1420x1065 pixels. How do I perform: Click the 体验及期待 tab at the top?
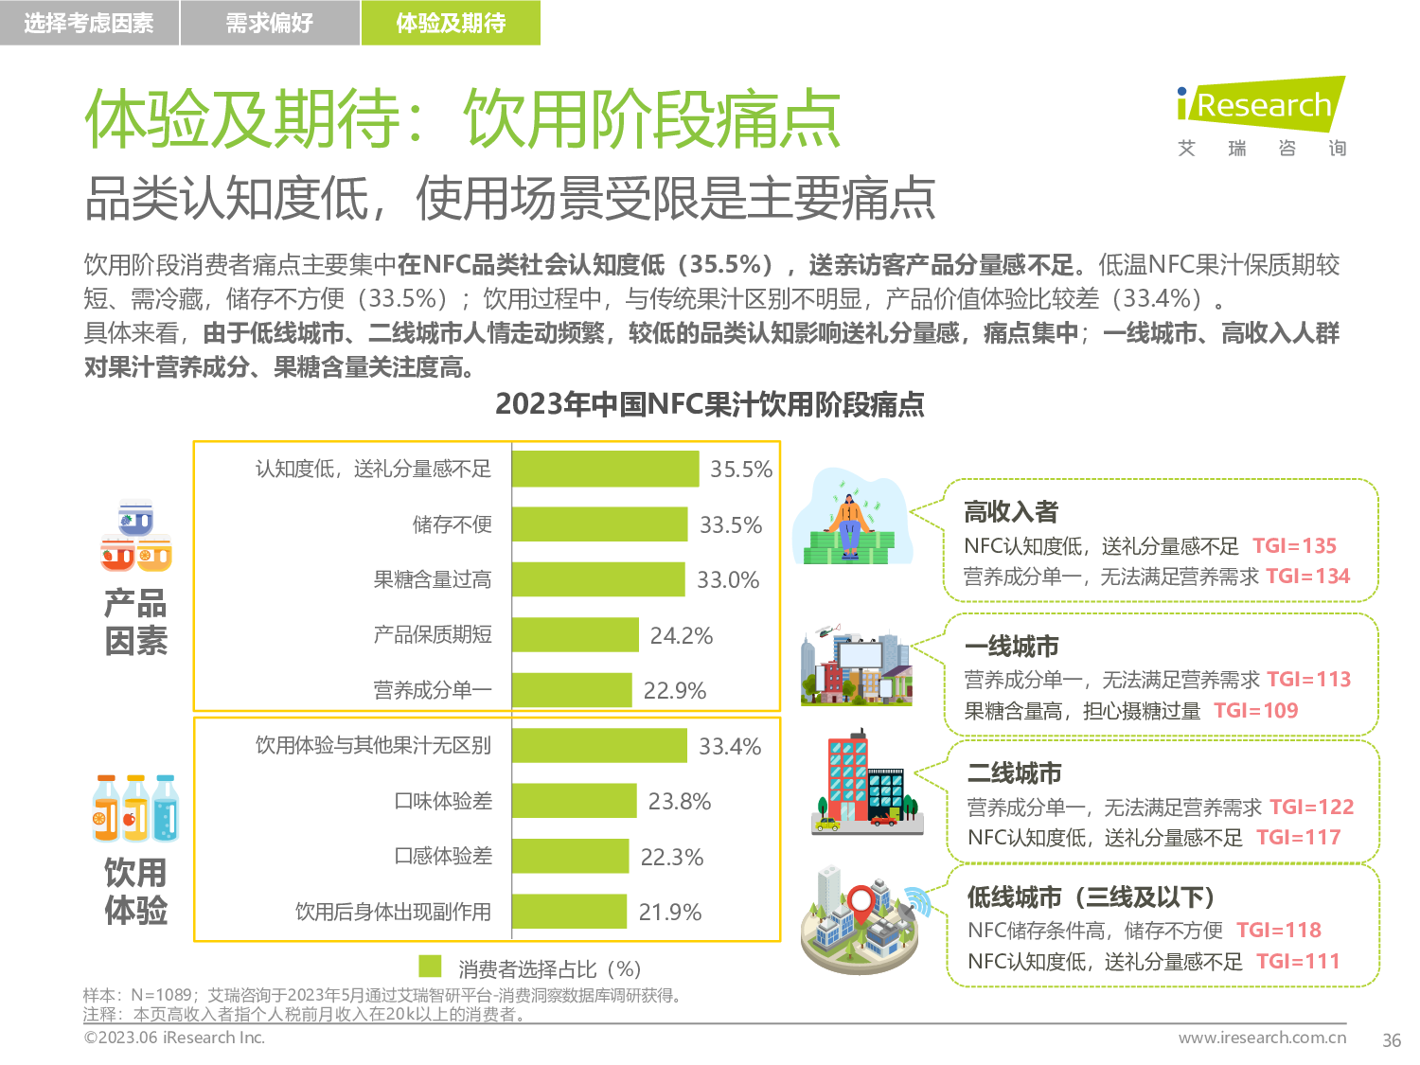pos(451,23)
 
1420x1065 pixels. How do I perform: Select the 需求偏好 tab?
pos(270,23)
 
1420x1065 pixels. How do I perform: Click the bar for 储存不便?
pos(599,524)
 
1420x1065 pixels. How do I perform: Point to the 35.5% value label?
pos(741,470)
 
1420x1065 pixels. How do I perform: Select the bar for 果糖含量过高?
pos(598,579)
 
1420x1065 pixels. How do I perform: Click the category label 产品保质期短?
pos(433,634)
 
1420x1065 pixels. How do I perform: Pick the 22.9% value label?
pos(675,691)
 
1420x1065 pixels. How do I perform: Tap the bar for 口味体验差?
pos(575,801)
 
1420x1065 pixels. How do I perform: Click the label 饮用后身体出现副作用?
pos(393,912)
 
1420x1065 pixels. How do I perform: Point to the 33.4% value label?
pos(730,747)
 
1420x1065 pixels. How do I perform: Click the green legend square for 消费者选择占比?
pos(431,967)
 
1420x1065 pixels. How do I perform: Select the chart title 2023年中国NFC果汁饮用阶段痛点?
pos(710,404)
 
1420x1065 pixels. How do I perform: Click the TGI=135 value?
pos(1294,546)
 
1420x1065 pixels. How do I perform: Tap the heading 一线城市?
pos(1011,647)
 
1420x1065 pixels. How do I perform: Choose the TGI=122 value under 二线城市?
pos(1311,807)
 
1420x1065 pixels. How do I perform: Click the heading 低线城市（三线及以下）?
pos(1091,896)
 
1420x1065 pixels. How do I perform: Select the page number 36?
pos(1391,1040)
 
